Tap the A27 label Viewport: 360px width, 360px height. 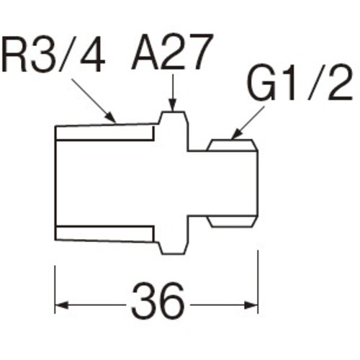point(172,53)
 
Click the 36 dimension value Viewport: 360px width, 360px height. point(158,300)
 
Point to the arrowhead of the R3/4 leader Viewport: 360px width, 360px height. point(111,117)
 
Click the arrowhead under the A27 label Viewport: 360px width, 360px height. point(173,105)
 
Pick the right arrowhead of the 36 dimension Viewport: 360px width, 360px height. point(251,306)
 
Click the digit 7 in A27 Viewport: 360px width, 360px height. point(201,53)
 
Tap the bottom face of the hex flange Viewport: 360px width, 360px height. point(174,253)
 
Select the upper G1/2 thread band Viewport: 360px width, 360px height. point(233,145)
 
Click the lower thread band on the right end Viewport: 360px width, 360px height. point(232,222)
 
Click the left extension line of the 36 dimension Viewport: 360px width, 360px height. point(55,289)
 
